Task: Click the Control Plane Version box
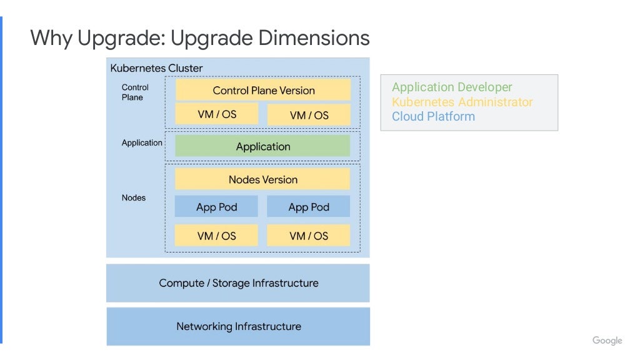263,90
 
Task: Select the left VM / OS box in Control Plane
216,114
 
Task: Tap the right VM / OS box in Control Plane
309,115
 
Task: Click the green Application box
263,146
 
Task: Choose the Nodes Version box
263,179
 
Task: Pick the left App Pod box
216,207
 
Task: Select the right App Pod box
309,207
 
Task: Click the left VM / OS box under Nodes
216,236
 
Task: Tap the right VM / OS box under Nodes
309,236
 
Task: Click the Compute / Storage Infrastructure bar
238,283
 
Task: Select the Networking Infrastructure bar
238,326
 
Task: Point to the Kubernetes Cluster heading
156,68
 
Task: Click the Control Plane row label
135,92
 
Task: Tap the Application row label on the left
142,142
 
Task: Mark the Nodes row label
134,197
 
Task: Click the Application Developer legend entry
452,87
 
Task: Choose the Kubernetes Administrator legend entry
462,102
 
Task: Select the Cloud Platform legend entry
433,116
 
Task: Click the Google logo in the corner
607,341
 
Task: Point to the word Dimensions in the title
314,38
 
